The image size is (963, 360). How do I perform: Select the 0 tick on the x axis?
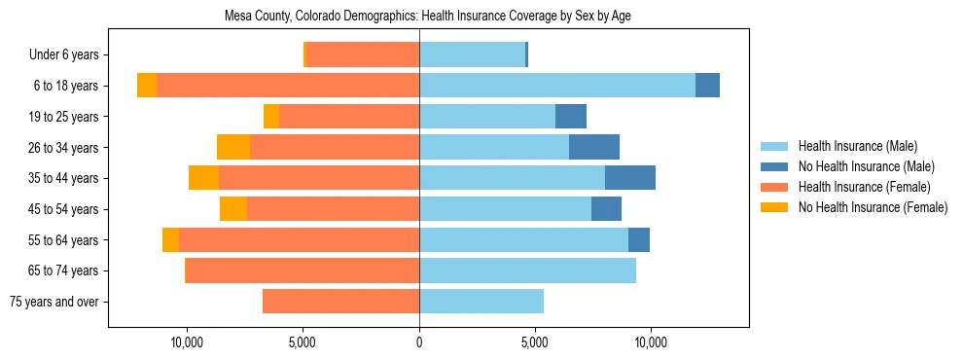coord(419,342)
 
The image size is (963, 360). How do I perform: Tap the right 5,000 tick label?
coord(535,342)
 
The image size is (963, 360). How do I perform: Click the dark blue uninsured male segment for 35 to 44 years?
coord(630,178)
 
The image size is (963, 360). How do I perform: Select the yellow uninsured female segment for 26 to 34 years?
coord(233,147)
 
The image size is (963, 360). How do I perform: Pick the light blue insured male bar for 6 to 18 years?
coord(557,86)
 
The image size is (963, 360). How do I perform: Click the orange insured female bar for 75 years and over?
coord(340,302)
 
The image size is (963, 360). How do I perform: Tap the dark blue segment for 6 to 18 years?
coord(707,86)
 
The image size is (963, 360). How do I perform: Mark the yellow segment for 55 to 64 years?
coord(170,239)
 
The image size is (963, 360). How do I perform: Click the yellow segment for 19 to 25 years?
coord(271,117)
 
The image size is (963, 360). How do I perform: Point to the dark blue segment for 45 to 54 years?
coord(606,209)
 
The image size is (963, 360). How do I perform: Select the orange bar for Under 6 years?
coord(363,55)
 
